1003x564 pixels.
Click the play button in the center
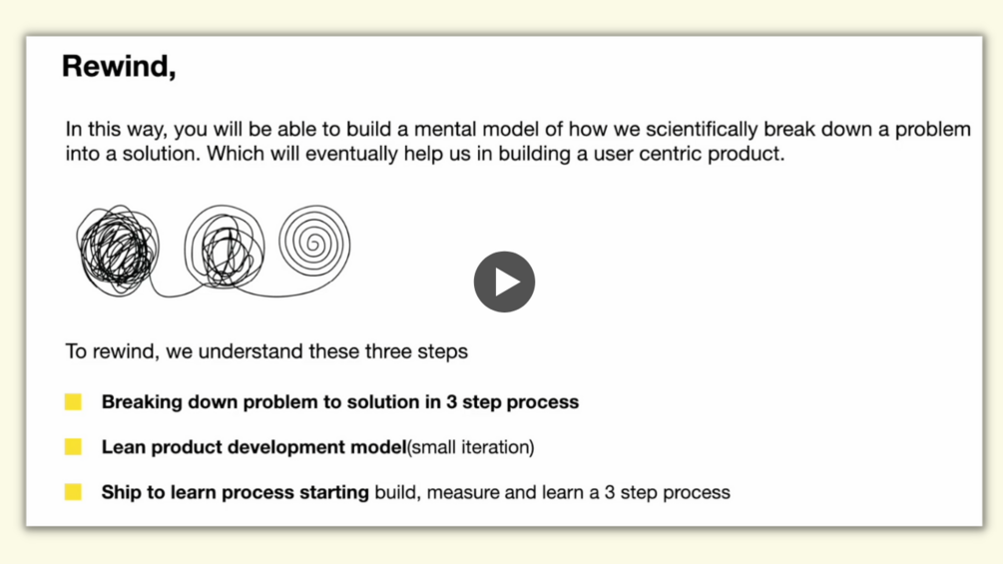[504, 282]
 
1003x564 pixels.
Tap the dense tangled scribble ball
[118, 250]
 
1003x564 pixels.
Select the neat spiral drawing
[314, 243]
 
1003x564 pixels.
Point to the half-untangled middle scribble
[224, 246]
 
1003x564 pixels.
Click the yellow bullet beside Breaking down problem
[73, 401]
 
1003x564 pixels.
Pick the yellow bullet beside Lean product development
[73, 446]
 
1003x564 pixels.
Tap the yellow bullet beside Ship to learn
[73, 492]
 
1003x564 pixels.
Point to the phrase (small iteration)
[471, 447]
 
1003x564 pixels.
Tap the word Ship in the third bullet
[122, 492]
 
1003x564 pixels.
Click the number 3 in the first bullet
[452, 402]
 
